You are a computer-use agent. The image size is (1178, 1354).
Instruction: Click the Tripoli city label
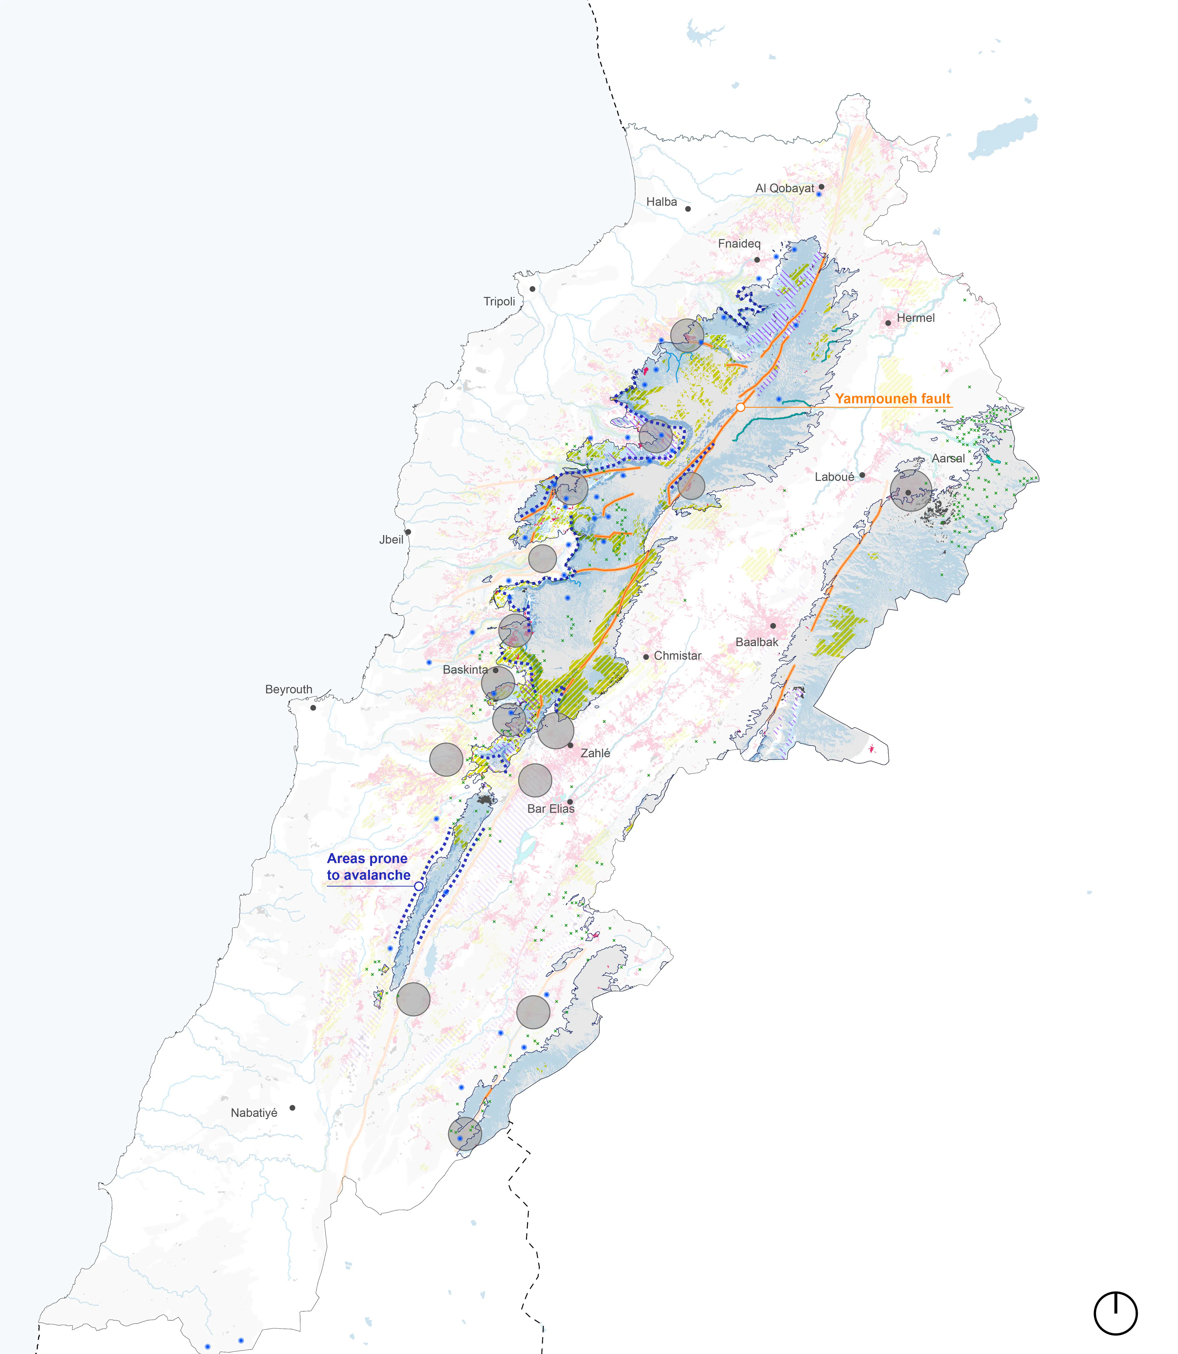(499, 302)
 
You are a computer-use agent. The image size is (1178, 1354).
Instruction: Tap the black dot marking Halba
(688, 209)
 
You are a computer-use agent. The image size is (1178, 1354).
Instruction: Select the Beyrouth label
(289, 689)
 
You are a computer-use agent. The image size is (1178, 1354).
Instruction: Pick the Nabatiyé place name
(254, 1113)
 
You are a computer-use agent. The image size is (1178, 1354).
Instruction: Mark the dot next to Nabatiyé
(292, 1107)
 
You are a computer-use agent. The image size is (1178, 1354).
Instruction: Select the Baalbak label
(757, 642)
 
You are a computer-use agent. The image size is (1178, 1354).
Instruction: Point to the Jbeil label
(391, 540)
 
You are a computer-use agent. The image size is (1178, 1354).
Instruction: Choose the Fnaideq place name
(739, 244)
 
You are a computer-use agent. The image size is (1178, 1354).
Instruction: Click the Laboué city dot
(862, 475)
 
